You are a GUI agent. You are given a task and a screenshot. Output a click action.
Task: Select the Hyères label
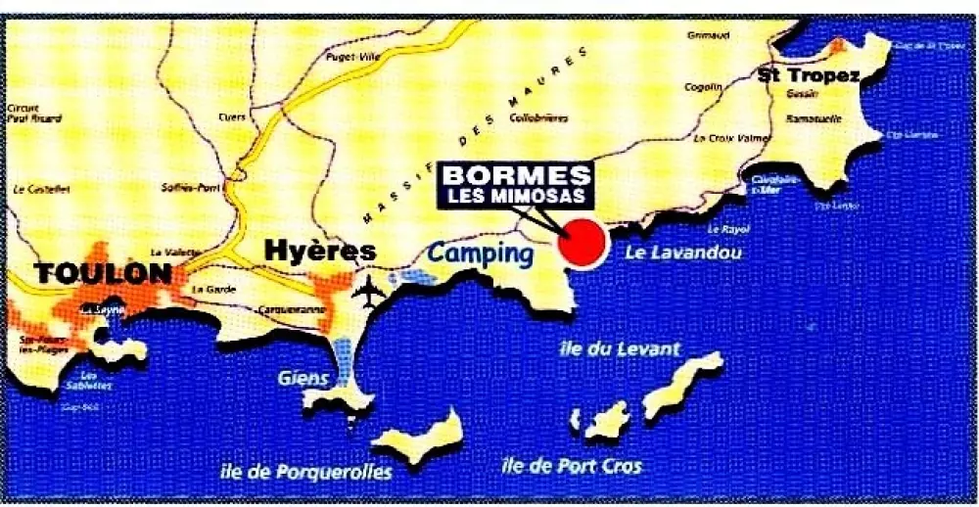click(320, 252)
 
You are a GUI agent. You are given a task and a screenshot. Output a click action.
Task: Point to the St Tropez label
click(808, 74)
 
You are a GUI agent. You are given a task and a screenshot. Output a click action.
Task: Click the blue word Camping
click(479, 254)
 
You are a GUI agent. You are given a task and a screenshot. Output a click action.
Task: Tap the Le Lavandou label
click(682, 253)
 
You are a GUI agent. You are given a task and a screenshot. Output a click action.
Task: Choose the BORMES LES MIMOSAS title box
click(517, 185)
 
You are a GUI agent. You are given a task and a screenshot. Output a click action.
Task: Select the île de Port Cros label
click(571, 467)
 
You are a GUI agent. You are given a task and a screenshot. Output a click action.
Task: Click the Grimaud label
click(711, 35)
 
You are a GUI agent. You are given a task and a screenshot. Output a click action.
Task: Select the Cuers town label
click(232, 116)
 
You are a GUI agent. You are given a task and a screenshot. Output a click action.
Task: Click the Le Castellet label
click(35, 186)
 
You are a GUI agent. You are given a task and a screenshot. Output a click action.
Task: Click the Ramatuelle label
click(810, 117)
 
